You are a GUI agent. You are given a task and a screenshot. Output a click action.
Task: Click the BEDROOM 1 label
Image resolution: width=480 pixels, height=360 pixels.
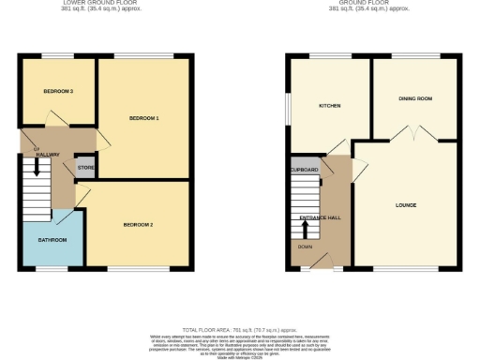143,118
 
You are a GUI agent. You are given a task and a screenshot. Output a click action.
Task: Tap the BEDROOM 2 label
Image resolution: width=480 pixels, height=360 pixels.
138,226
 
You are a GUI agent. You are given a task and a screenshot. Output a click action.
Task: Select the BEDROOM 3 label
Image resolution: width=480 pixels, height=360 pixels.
58,91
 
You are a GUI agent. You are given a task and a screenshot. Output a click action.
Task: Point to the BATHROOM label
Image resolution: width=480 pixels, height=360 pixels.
52,240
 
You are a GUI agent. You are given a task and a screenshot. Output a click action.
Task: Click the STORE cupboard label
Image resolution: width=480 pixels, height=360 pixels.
85,169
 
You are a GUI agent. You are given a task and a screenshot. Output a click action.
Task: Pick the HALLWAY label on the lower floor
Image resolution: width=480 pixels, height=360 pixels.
48,154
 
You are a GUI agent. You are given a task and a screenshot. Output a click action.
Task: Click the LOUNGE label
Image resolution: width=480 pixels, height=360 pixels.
406,204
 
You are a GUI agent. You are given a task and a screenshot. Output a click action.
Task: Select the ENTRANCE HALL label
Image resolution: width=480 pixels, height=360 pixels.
321,217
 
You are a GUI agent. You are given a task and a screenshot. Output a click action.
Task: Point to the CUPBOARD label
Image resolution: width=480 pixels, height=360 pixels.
305,170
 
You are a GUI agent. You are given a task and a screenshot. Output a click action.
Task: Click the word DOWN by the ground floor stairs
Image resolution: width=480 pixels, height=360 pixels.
306,247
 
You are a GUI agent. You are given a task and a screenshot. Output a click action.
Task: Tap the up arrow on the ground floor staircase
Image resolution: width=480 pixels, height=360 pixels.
305,228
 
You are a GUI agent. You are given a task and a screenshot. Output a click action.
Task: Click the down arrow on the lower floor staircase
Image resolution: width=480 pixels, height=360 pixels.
37,169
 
